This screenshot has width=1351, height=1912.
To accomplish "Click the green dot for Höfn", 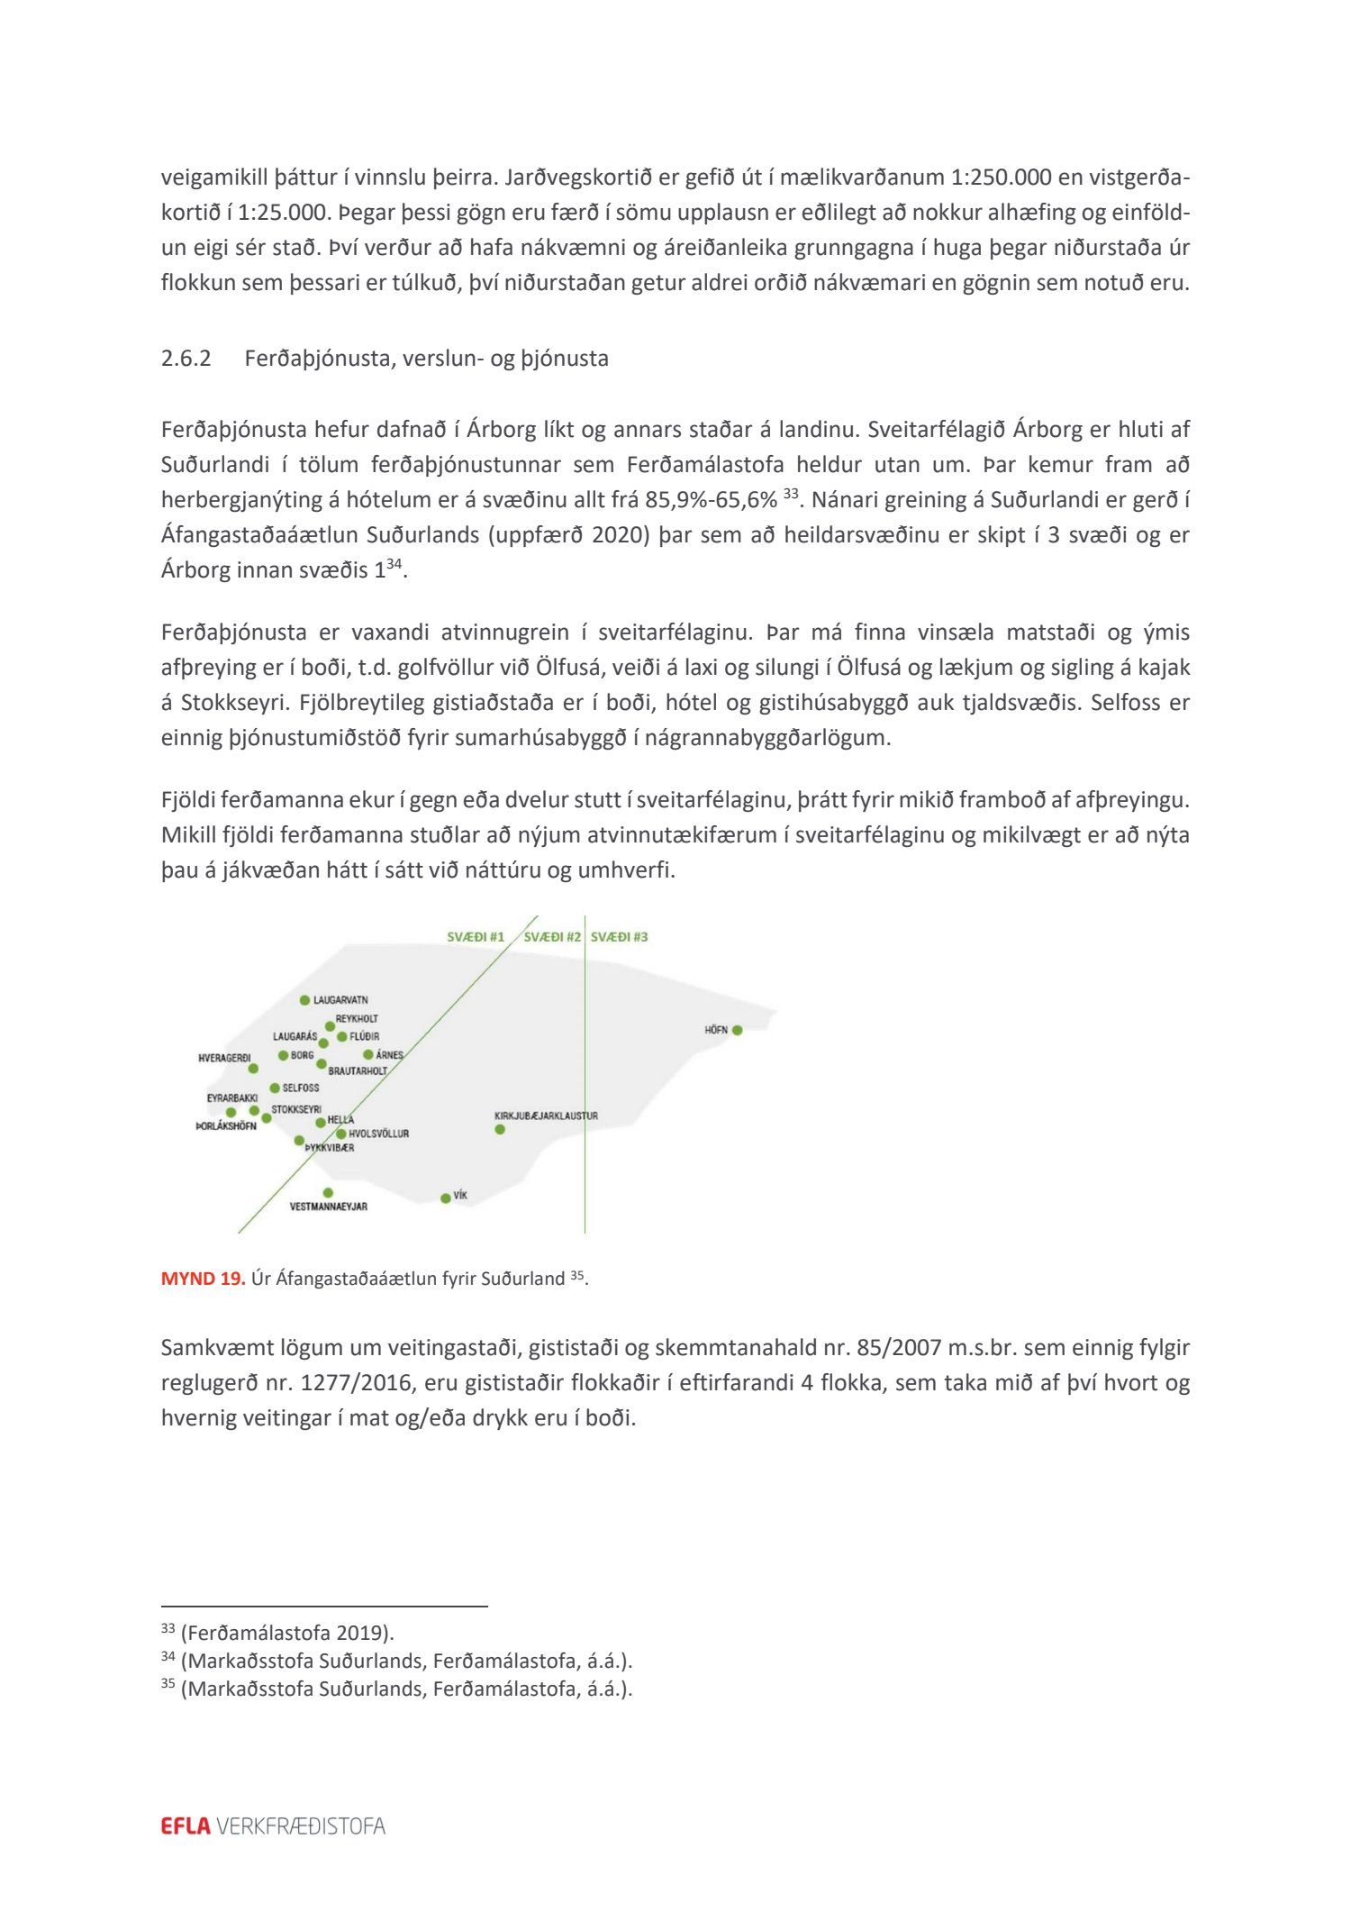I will click(737, 1030).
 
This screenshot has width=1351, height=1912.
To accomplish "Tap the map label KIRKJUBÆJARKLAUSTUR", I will click(546, 1115).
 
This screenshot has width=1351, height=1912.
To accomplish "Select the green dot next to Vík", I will click(445, 1198).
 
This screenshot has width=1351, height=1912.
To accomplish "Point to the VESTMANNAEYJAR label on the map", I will click(328, 1206).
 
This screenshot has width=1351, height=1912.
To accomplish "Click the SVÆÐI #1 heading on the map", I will click(476, 937).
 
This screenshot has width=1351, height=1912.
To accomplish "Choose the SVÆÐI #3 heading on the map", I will click(620, 937).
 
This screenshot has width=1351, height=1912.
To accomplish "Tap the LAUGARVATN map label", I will click(340, 1000).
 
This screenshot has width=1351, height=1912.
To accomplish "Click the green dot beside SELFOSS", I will click(275, 1088).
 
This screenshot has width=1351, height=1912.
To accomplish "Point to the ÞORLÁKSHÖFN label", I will click(226, 1126).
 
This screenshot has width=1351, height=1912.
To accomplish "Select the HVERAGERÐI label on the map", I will click(224, 1058).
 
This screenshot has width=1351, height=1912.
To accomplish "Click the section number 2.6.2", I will click(186, 359).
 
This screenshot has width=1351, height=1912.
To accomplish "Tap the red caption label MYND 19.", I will click(203, 1279).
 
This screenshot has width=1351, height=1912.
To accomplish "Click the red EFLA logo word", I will click(186, 1826).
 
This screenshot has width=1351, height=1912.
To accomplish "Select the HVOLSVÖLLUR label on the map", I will click(378, 1134).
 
